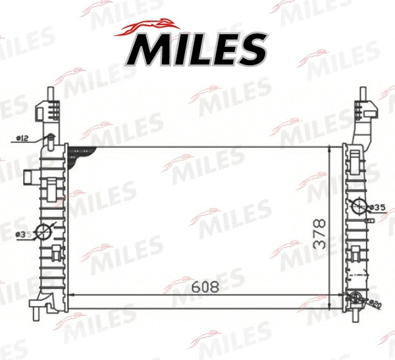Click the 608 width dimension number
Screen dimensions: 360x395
[x=205, y=286]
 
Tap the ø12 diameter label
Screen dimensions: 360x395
[x=21, y=138]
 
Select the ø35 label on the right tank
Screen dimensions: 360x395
[x=377, y=207]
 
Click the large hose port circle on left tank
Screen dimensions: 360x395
[x=43, y=232]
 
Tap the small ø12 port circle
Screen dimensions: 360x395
[x=49, y=138]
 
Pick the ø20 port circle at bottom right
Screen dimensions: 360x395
[x=357, y=300]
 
